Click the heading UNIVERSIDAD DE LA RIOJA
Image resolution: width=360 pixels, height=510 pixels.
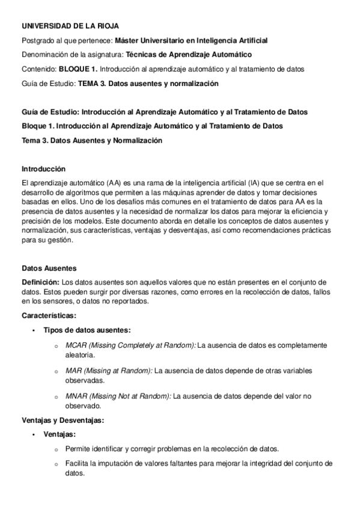[70, 26]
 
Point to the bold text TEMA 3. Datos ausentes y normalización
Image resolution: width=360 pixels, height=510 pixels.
[148, 84]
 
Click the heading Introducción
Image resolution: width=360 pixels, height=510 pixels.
[43, 169]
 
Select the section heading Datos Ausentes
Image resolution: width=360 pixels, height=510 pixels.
[49, 268]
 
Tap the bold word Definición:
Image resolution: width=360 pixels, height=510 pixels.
[40, 282]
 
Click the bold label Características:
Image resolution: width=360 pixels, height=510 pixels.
[49, 315]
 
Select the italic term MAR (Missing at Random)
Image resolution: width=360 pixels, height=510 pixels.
[109, 371]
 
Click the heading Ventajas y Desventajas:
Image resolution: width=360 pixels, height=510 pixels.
[63, 420]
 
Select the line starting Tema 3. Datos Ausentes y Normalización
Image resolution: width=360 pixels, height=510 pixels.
[92, 140]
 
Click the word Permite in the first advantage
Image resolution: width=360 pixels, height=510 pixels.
[77, 449]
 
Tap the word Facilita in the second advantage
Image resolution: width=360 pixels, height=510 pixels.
[78, 463]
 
